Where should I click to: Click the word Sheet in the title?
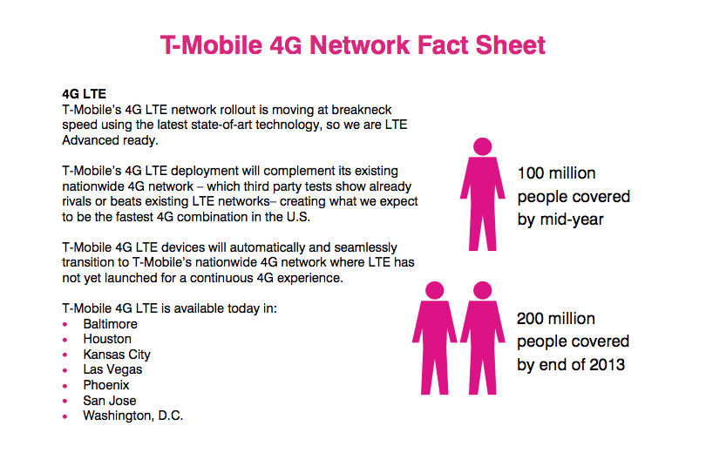point(510,45)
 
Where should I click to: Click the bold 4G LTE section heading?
point(85,94)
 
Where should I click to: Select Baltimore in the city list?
point(111,324)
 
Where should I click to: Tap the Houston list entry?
point(107,339)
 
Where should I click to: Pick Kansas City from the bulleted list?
point(117,355)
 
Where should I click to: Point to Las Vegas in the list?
point(112,369)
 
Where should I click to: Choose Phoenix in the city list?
point(106,385)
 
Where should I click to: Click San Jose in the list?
point(110,401)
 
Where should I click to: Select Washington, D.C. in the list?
point(132,416)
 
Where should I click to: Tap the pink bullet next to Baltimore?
point(65,324)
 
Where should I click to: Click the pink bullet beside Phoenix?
point(65,386)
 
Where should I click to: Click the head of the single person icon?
point(483,146)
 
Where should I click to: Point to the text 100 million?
point(556,173)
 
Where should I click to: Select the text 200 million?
point(556,319)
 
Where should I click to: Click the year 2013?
point(607,365)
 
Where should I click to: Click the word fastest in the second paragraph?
point(134,217)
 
